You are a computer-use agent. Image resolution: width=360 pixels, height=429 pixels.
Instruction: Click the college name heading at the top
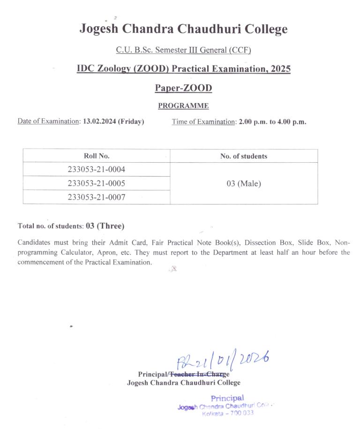click(183, 29)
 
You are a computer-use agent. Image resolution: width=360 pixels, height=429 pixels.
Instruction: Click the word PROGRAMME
click(183, 106)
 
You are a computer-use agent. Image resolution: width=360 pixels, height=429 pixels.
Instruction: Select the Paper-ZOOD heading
click(183, 88)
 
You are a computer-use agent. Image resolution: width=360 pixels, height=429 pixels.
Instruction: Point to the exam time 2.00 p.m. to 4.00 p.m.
click(272, 121)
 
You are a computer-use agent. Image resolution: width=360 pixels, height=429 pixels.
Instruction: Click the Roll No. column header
click(97, 156)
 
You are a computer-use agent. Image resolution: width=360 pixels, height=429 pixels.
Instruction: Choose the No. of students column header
click(244, 156)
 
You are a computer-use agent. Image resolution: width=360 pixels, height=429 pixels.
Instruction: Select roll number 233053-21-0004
click(97, 169)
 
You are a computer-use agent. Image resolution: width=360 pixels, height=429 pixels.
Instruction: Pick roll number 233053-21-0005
click(97, 183)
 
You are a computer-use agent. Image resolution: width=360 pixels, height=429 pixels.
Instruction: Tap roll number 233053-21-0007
click(97, 197)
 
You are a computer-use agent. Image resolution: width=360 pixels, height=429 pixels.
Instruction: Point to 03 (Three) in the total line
click(105, 226)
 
